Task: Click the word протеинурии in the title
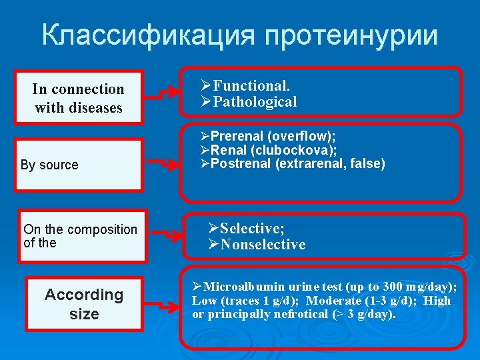pyautogui.click(x=351, y=35)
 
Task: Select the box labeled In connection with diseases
pyautogui.click(x=79, y=98)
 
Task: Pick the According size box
pyautogui.click(x=84, y=304)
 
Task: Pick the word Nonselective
pyautogui.click(x=263, y=245)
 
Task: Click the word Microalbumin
pyautogui.click(x=240, y=287)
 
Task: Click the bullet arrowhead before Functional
pyautogui.click(x=206, y=86)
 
